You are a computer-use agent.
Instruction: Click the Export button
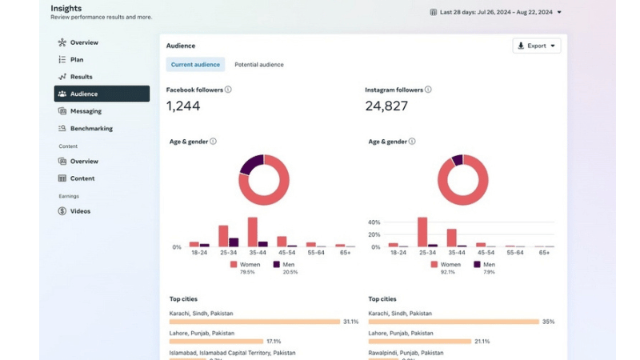point(537,46)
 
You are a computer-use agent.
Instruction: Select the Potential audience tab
point(258,65)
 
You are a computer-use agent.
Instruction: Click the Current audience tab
point(195,65)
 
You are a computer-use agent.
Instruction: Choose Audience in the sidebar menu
point(101,94)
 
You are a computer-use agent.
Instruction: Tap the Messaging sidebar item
point(86,111)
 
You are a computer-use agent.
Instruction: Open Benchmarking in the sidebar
point(91,128)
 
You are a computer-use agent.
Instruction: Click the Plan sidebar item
point(76,59)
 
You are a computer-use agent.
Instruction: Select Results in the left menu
point(81,77)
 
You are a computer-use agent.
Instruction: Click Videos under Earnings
point(80,211)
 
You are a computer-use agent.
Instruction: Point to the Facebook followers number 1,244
point(183,106)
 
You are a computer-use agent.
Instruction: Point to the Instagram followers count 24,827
point(386,106)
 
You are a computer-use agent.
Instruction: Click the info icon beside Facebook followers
point(228,90)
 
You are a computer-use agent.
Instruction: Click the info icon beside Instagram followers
point(428,90)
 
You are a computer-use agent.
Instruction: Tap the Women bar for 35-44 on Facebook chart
point(252,232)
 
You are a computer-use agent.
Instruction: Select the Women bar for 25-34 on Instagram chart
point(422,232)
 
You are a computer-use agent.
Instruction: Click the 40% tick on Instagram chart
point(374,222)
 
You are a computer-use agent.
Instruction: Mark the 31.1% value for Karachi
point(350,322)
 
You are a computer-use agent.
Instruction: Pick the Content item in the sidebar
point(82,178)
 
